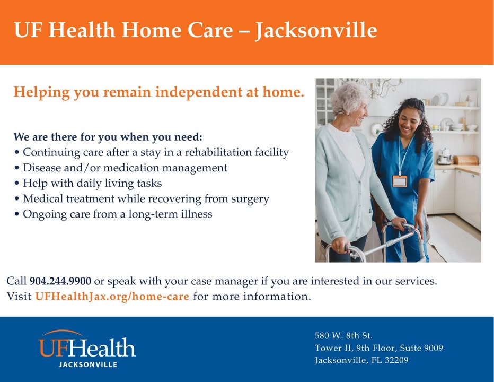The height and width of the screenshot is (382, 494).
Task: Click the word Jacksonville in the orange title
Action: (316, 31)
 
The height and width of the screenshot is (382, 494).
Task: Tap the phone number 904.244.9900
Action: (60, 281)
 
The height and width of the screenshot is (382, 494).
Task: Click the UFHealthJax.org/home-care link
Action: (112, 297)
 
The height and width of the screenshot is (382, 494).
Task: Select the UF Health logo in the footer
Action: (87, 349)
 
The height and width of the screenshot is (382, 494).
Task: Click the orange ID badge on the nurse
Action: (400, 181)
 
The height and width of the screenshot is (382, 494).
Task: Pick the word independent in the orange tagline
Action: (199, 92)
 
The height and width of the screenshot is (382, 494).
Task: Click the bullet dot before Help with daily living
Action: (17, 184)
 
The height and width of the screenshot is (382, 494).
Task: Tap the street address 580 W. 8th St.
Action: (343, 335)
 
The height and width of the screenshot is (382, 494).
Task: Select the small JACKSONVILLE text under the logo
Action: (88, 364)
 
